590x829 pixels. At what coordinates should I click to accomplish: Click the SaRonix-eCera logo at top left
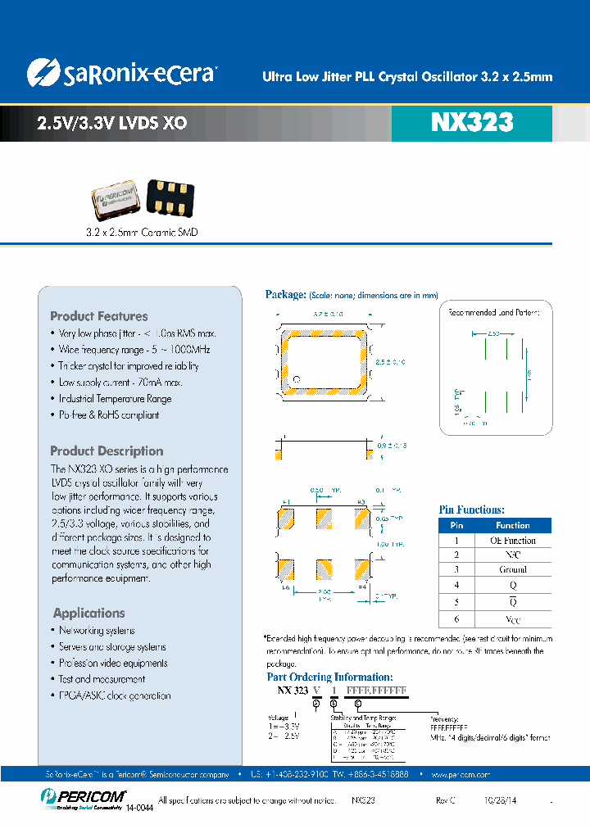coord(120,74)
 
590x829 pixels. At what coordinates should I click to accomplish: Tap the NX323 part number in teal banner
coord(471,123)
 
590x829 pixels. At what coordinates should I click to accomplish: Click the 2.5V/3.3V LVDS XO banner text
coord(112,124)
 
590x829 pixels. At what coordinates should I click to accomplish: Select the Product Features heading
coord(99,316)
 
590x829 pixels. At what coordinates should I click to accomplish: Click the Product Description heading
coord(107,451)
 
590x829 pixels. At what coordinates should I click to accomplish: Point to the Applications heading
coord(89,613)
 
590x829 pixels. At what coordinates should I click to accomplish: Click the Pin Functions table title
coord(472,510)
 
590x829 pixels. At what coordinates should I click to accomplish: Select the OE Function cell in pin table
coord(513,541)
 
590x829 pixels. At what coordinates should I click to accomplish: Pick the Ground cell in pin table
coord(513,569)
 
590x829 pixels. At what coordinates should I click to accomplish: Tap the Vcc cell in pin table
coord(513,621)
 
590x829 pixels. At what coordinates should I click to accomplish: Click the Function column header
coord(513,525)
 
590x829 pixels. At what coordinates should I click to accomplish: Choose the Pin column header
coord(457,525)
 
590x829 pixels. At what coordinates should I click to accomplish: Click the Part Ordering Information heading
coord(330,677)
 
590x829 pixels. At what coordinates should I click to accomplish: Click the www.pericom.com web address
coord(460,774)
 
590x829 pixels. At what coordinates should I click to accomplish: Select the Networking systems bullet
coord(97,631)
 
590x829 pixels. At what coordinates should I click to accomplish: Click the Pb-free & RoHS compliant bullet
coord(109,414)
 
